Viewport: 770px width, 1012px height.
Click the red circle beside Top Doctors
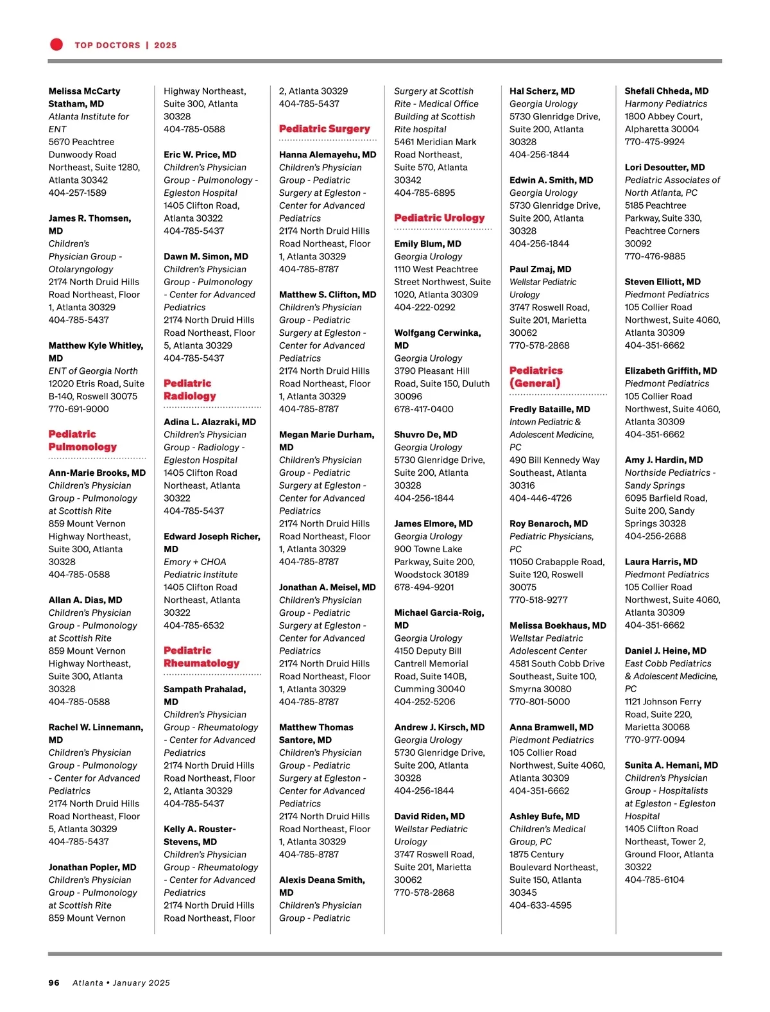[x=56, y=44]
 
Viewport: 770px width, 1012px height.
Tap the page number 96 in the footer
[x=54, y=982]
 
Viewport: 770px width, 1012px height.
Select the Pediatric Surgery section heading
[x=324, y=129]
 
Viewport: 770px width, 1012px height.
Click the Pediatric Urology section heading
[x=439, y=218]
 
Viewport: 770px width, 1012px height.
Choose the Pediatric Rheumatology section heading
[x=201, y=657]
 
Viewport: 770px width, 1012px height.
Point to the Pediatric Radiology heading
[x=189, y=390]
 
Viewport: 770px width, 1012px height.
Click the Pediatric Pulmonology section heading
[x=82, y=441]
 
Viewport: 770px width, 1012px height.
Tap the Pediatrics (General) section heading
[x=535, y=377]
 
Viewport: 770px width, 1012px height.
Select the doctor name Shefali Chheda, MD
[x=666, y=91]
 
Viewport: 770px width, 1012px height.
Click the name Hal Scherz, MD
[x=542, y=91]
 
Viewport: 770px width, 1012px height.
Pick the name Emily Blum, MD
[x=427, y=244]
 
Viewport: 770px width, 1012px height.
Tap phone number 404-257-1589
[x=77, y=193]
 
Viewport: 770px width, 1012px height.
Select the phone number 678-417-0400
[x=424, y=409]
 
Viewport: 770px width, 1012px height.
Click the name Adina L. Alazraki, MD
[x=209, y=422]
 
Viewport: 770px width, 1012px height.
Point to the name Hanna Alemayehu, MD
[x=327, y=155]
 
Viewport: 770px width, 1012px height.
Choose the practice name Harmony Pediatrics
[x=665, y=104]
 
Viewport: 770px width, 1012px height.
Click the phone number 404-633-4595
[x=540, y=905]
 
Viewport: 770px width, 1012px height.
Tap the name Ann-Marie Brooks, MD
[x=97, y=473]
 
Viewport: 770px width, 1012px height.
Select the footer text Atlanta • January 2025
[x=121, y=982]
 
